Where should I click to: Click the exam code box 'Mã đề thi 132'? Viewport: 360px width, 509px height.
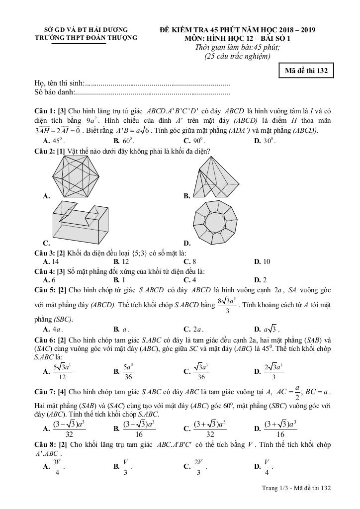pos(306,71)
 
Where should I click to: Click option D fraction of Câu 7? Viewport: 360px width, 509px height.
pos(280,428)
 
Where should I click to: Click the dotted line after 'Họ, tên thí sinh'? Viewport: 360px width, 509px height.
pos(157,83)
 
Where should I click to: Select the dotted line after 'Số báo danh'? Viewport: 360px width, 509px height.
pos(153,92)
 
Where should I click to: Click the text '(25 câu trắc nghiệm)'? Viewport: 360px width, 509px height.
pos(237,56)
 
